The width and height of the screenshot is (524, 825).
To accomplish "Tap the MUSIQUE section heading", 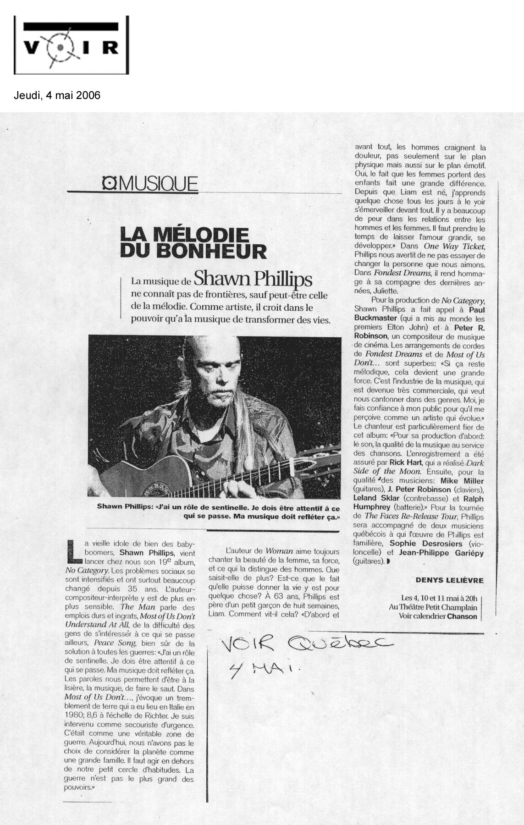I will point(150,185).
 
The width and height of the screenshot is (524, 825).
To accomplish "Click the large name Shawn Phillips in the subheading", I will point(247,278).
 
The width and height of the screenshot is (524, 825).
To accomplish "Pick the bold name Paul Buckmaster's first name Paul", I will point(475,309).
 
